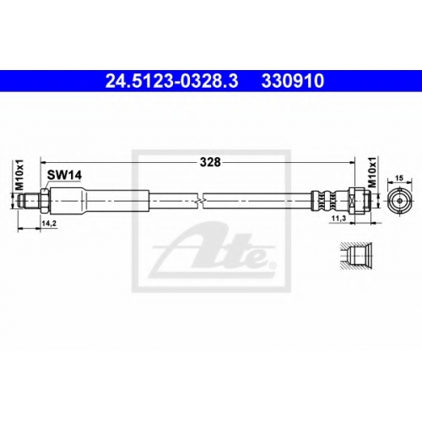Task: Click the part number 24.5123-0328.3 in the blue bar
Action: [171, 81]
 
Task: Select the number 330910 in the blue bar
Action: [293, 81]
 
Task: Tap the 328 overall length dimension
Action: [210, 162]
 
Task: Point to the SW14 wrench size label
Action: [64, 176]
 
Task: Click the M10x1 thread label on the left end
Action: [20, 175]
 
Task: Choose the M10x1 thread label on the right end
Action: [372, 172]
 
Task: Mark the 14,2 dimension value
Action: [49, 224]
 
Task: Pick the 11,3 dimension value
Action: [338, 218]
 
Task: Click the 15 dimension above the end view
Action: [399, 178]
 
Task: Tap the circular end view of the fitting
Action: [400, 201]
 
